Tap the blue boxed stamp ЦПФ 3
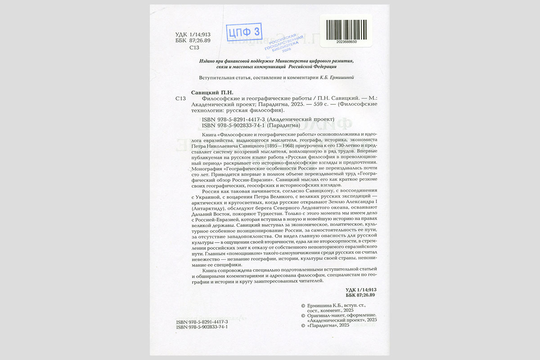pos(245,32)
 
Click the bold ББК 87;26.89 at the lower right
pos(360,295)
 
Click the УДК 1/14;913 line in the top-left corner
pos(193,35)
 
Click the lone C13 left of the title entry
pos(180,99)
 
